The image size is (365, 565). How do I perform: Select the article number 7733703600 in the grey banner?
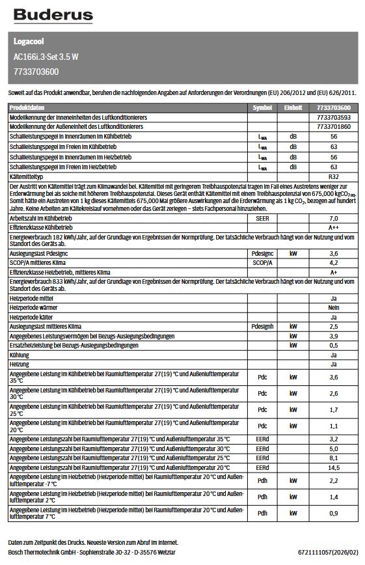(x=36, y=71)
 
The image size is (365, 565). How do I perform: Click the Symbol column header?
(x=262, y=107)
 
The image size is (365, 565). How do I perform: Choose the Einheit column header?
(x=293, y=107)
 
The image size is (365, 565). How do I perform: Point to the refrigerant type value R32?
(x=334, y=177)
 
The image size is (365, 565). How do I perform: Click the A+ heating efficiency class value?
(x=334, y=272)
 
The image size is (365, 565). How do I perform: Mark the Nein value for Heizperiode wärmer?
(x=334, y=307)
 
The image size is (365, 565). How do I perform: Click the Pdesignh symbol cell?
(x=262, y=326)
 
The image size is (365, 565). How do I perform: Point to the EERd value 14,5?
(x=334, y=467)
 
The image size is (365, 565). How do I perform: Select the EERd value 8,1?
(x=334, y=458)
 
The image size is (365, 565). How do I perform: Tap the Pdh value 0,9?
(x=334, y=514)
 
